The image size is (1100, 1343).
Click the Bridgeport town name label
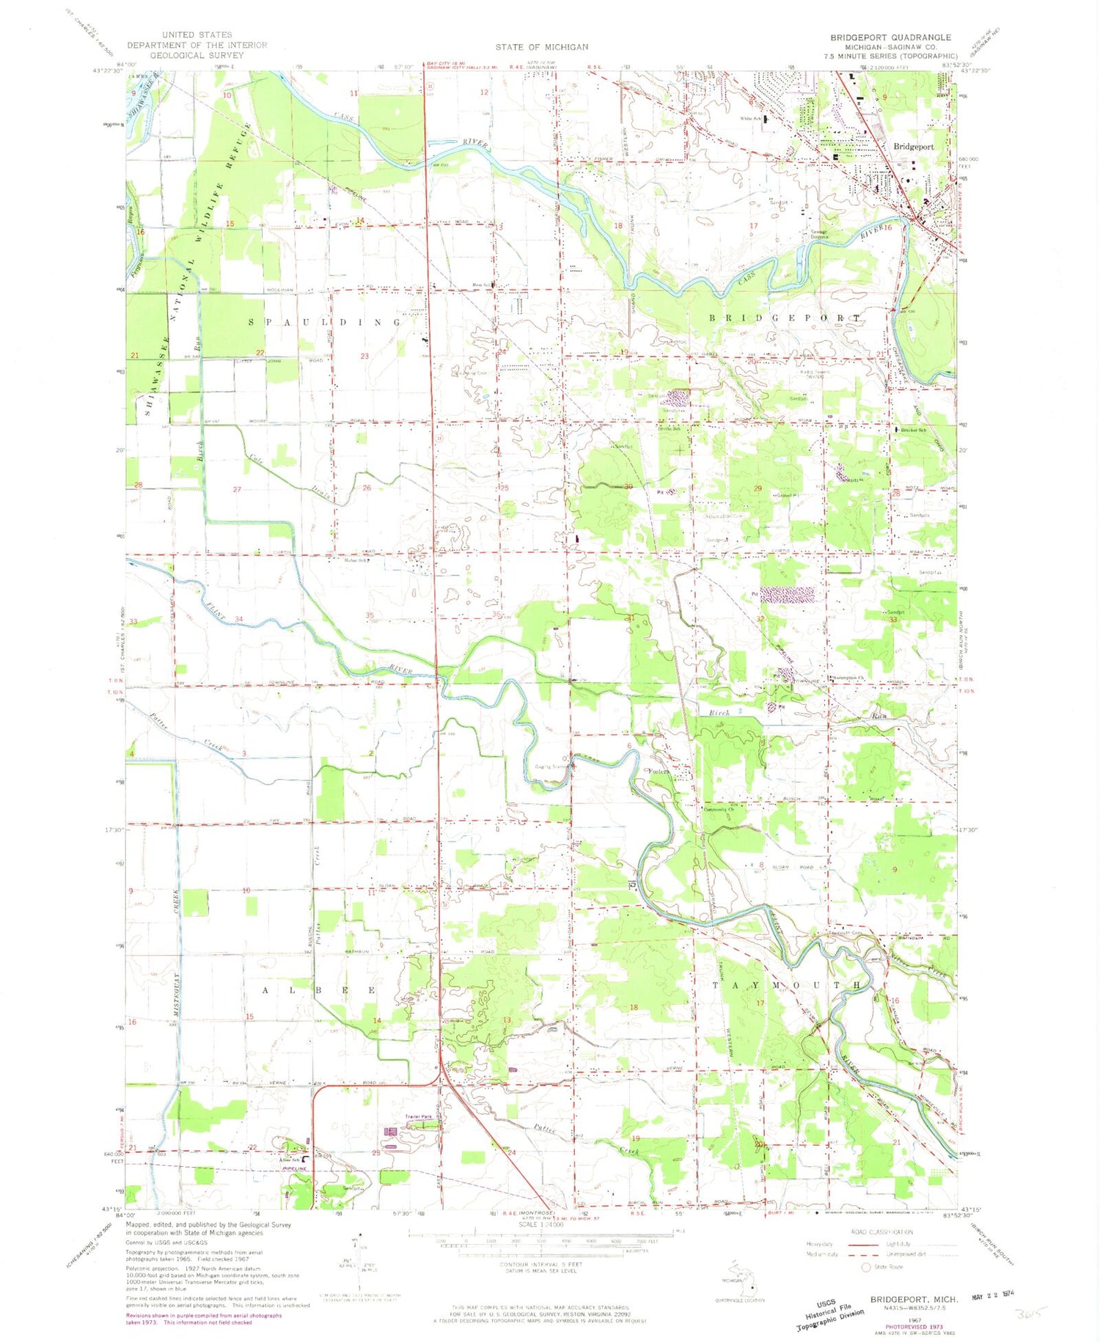pos(913,147)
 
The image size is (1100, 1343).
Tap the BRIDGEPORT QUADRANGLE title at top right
pos(890,37)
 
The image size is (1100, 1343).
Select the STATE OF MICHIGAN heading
pos(541,47)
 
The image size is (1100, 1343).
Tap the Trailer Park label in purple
pos(418,1117)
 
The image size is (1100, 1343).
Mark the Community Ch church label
pos(718,810)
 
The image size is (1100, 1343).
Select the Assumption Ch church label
pos(850,677)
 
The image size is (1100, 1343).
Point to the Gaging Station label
pos(552,767)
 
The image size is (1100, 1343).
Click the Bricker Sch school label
pos(914,430)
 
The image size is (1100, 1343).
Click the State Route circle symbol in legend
pos(865,1267)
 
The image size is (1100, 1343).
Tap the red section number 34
pos(239,620)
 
